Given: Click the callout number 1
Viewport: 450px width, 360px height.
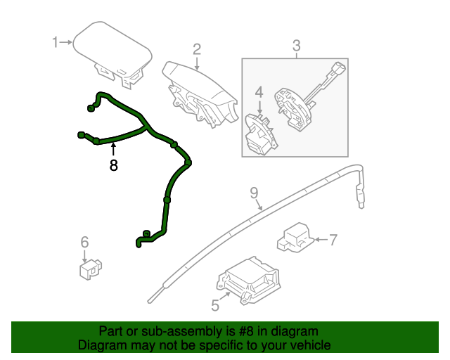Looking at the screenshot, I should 56,43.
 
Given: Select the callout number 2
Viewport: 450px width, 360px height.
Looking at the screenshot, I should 197,49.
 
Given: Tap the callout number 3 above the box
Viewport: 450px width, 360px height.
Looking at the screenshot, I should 296,46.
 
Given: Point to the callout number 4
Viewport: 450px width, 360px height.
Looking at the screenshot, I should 258,92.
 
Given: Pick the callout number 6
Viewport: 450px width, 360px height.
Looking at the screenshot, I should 84,243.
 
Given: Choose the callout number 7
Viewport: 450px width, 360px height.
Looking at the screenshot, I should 333,240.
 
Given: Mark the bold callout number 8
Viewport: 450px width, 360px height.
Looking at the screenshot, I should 113,166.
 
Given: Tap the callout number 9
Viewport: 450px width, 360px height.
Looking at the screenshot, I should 254,193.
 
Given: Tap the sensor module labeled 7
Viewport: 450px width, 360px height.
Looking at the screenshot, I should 297,236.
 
